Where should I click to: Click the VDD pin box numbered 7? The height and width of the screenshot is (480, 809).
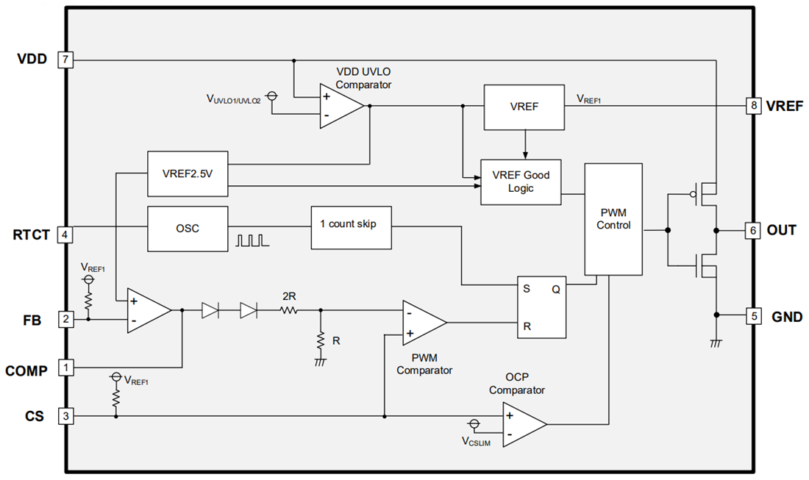click(x=66, y=60)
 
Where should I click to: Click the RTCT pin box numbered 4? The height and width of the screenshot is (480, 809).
click(x=66, y=234)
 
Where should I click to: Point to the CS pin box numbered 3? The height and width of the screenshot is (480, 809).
click(x=66, y=416)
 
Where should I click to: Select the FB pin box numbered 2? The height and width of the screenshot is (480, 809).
click(x=66, y=319)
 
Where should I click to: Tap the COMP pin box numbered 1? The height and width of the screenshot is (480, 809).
click(x=66, y=367)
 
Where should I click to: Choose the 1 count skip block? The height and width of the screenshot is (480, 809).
click(x=351, y=224)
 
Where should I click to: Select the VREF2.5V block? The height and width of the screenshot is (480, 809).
click(x=188, y=173)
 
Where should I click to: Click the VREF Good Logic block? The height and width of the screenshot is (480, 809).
click(x=520, y=182)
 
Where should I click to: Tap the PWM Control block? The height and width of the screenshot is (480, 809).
click(x=613, y=219)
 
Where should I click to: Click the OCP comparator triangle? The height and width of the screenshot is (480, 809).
click(x=523, y=424)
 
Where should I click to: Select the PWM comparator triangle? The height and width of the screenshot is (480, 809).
click(x=423, y=323)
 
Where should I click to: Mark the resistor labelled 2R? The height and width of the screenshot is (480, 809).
click(x=289, y=311)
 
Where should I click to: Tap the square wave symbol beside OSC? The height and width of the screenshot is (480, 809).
click(x=249, y=240)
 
